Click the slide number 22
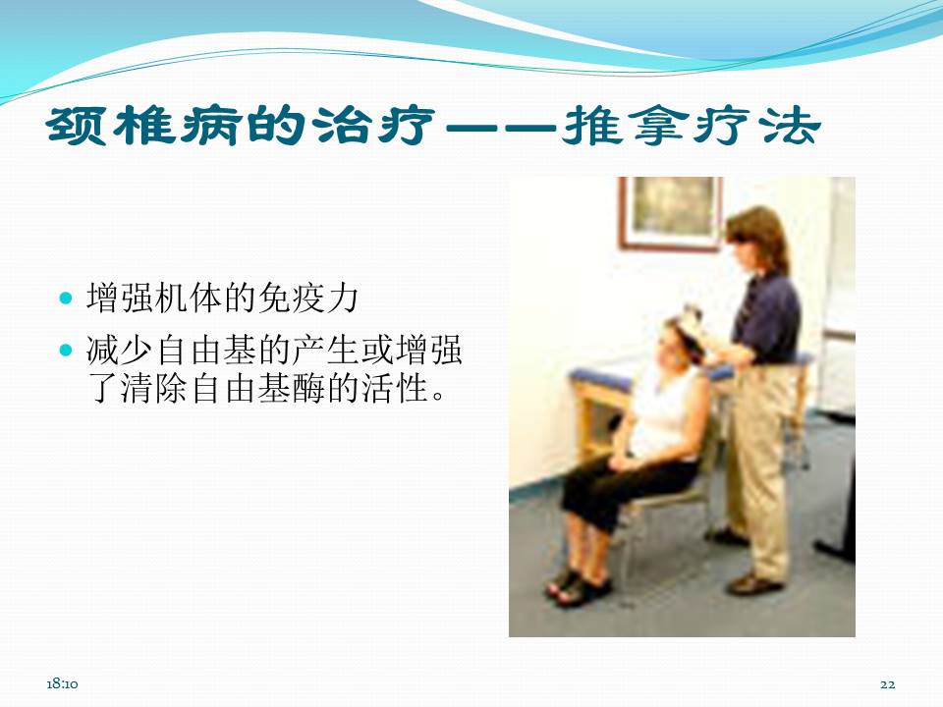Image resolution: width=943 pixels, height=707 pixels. pos(888,683)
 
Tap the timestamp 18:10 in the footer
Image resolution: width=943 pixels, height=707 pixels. pos(62,683)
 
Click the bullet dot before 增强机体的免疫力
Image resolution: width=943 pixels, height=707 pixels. pos(67,297)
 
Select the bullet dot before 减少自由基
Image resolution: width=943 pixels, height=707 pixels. pos(67,350)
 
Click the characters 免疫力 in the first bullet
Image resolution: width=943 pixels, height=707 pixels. pos(316,298)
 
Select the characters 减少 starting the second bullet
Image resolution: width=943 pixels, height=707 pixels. pos(114,351)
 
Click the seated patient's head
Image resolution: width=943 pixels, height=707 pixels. pos(655,339)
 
